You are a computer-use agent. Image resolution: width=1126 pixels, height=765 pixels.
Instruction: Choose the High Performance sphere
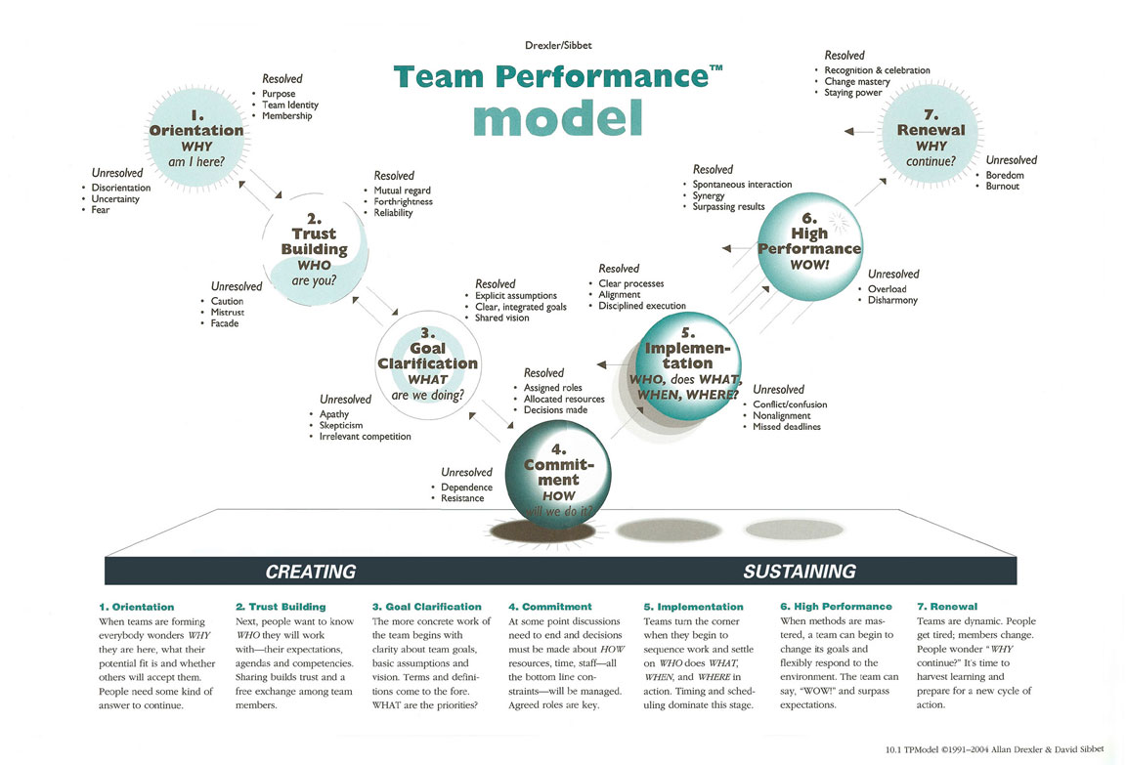click(809, 244)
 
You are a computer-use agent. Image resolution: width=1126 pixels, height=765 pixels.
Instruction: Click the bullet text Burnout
click(1002, 186)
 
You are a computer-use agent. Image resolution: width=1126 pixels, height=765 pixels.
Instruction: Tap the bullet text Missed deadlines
click(786, 427)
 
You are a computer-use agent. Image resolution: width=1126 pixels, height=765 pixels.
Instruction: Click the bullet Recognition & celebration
click(877, 70)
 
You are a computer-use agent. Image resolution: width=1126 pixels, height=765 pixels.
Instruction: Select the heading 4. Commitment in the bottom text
click(550, 607)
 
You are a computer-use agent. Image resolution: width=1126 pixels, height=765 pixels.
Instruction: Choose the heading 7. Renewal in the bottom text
click(947, 607)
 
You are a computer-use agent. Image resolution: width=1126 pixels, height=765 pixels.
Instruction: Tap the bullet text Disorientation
click(121, 188)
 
